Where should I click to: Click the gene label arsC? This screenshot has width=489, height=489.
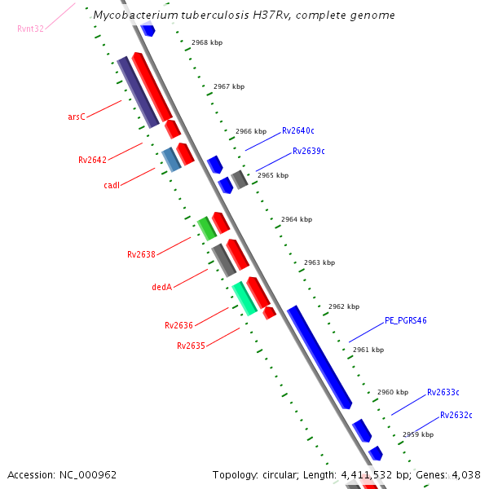point(76,117)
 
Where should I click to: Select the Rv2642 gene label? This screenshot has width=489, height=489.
point(92,160)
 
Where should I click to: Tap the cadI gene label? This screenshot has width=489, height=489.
point(112,185)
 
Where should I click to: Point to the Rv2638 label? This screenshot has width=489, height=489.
point(141,254)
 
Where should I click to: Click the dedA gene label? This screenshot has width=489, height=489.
point(161,287)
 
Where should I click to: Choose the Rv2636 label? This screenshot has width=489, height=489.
point(178,325)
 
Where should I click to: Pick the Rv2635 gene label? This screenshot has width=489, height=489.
point(191,346)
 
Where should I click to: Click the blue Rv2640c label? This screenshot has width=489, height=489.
point(298,130)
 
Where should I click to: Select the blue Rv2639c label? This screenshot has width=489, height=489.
point(309,151)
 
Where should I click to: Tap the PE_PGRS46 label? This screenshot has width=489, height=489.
point(406,320)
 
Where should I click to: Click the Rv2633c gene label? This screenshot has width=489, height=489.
point(443,392)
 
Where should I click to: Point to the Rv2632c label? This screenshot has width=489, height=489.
point(456,415)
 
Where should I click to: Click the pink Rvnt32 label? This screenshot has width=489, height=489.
point(31,29)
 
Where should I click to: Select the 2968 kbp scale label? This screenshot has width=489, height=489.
point(207,42)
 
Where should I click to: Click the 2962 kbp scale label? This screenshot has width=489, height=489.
point(343,307)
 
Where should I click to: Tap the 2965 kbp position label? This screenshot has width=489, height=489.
point(272,175)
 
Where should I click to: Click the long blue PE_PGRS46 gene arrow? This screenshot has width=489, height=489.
point(319,356)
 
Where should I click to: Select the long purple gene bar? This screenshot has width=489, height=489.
point(138,92)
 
